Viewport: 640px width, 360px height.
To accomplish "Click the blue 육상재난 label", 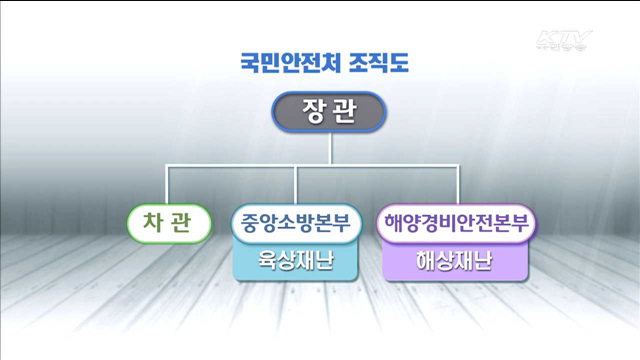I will (297, 263).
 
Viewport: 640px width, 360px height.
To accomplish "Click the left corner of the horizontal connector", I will (168, 170).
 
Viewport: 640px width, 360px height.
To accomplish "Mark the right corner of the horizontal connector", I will (457, 170).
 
